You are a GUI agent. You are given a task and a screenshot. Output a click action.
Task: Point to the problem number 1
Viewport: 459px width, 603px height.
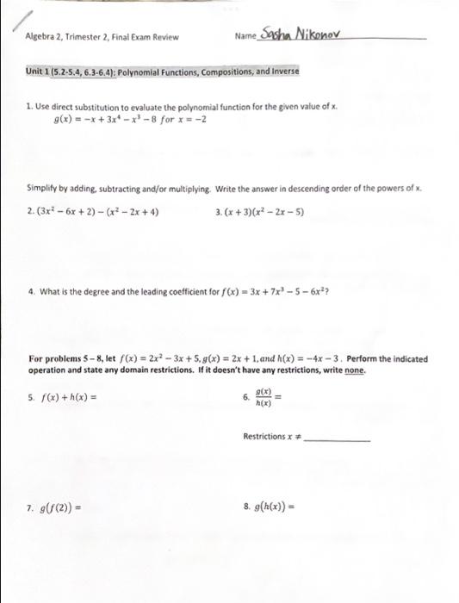pos(29,106)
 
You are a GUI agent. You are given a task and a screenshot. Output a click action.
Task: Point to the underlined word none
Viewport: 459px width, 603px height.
pos(355,370)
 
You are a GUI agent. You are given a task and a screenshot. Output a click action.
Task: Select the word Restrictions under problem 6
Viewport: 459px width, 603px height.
pos(265,437)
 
